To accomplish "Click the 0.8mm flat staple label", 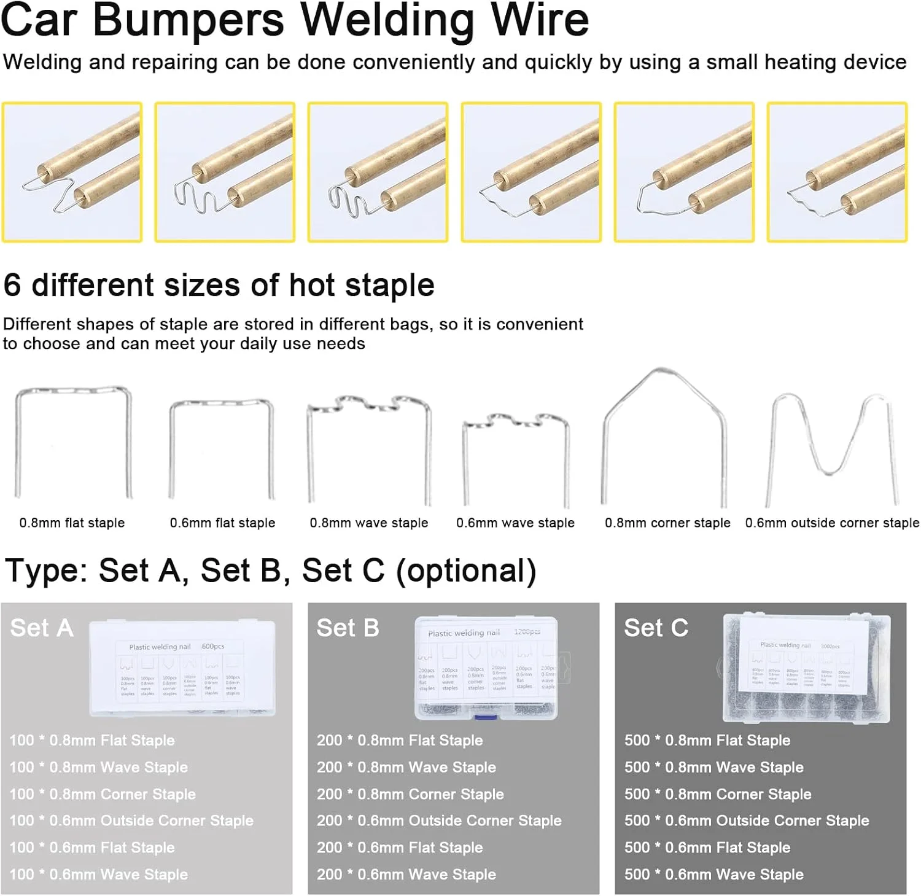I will pyautogui.click(x=72, y=523).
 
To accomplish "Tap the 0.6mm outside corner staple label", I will pyautogui.click(x=832, y=523).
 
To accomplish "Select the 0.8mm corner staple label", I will pyautogui.click(x=667, y=523).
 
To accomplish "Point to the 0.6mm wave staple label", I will pyautogui.click(x=515, y=523).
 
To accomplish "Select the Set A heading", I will pyautogui.click(x=42, y=628).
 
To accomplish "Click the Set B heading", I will pyautogui.click(x=348, y=628).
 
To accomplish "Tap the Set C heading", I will pyautogui.click(x=656, y=628).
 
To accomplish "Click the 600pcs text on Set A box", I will pyautogui.click(x=213, y=646).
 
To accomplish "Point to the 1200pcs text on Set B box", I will pyautogui.click(x=527, y=631).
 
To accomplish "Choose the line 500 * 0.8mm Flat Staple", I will pyautogui.click(x=707, y=740).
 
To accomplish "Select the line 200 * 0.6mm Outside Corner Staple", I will pyautogui.click(x=439, y=820).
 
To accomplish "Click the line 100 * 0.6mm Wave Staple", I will pyautogui.click(x=98, y=875).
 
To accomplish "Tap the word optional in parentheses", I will pyautogui.click(x=466, y=571).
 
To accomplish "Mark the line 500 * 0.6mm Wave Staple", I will pyautogui.click(x=713, y=875).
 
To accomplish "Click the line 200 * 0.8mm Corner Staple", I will pyautogui.click(x=410, y=794).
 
